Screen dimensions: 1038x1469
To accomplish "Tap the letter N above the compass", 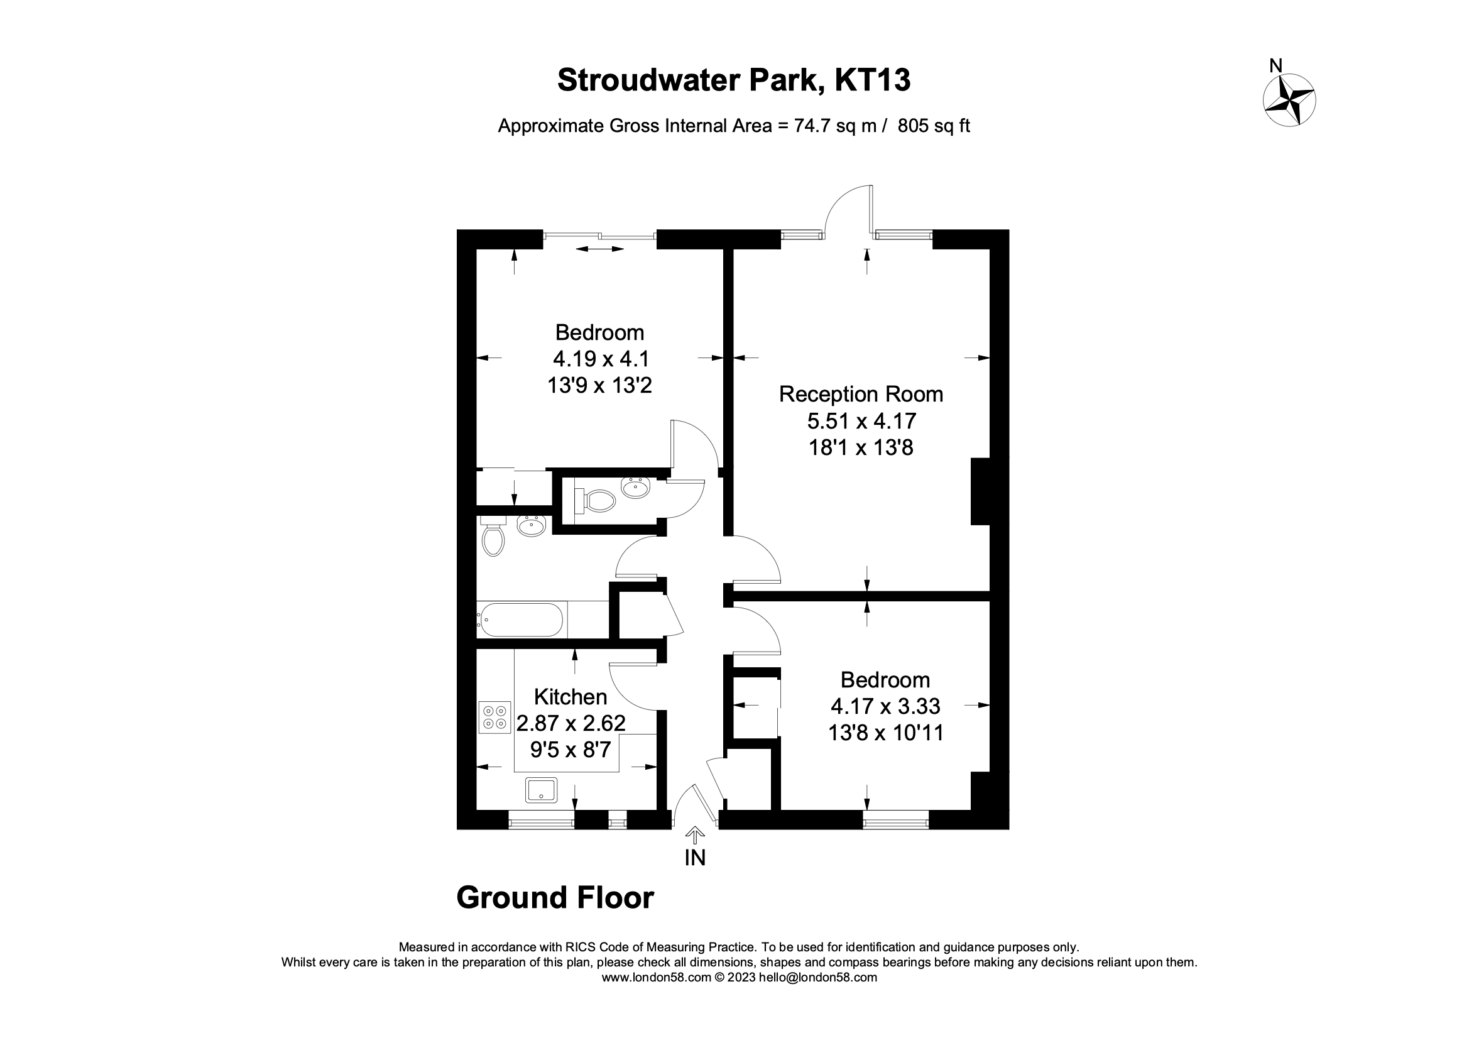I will point(1275,66).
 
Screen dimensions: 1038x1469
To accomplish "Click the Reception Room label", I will point(861,394).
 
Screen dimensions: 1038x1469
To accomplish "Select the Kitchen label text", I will point(570,696).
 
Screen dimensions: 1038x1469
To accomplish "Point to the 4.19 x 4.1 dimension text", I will point(599,358).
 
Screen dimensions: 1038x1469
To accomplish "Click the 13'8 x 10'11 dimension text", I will point(885,733).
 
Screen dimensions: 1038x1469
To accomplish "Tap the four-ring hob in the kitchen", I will point(494,718).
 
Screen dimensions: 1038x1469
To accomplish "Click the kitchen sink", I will point(541,790).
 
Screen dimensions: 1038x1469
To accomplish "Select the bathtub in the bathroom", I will point(521,620).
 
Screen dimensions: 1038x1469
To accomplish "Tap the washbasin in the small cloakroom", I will point(635,488).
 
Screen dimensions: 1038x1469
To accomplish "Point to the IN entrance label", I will point(695,858).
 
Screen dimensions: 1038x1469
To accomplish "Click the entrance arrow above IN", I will point(695,834).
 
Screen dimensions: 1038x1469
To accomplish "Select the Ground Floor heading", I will point(555,898).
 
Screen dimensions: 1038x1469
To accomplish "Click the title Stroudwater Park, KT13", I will point(734,80).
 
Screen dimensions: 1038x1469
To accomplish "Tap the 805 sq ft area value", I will point(934,126).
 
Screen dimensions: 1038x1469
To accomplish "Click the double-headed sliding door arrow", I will point(599,249).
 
